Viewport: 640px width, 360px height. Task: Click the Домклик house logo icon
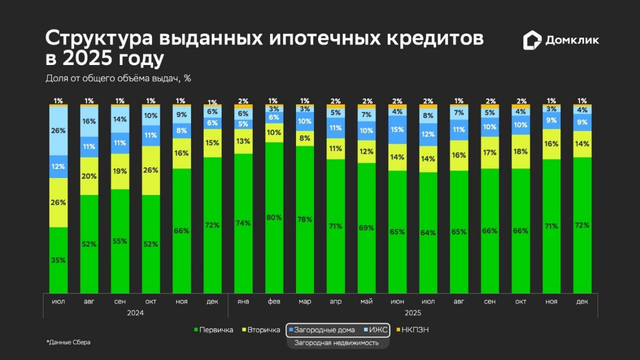point(532,40)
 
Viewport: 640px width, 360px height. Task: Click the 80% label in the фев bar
point(274,217)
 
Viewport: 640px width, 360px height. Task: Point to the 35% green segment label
point(58,260)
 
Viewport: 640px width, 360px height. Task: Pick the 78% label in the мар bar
point(305,219)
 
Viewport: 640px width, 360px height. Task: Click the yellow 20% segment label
point(89,176)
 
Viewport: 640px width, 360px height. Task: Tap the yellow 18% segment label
point(521,151)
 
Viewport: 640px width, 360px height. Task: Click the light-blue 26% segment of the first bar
point(58,130)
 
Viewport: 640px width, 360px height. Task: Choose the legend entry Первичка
point(213,330)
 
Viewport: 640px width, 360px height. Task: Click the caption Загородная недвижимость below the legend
point(336,343)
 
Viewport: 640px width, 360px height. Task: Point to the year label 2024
point(135,313)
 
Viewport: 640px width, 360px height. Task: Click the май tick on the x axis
point(367,301)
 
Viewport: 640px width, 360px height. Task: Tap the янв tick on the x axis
point(243,301)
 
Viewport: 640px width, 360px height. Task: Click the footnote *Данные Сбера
point(68,342)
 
